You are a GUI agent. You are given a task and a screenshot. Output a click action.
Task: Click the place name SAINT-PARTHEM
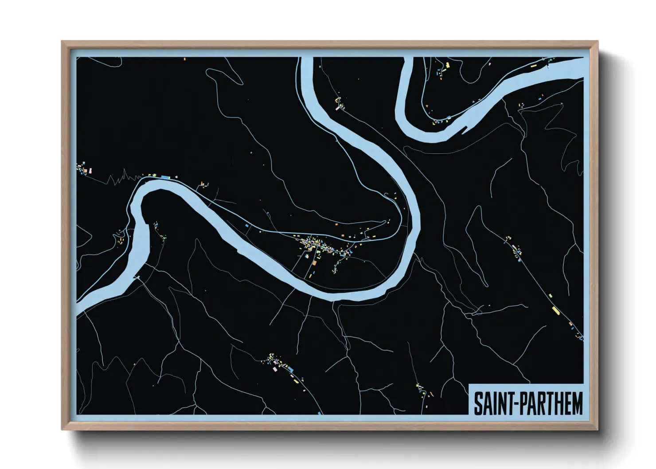pos(528,403)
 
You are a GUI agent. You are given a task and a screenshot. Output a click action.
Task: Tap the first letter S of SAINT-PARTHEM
pos(478,403)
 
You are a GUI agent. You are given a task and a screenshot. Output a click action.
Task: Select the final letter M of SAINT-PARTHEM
pos(577,403)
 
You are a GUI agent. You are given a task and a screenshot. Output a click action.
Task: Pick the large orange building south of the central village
pos(314,263)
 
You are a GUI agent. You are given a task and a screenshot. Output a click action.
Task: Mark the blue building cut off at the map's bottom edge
pos(319,413)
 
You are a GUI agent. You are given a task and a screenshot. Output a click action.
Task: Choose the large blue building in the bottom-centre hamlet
pos(290,368)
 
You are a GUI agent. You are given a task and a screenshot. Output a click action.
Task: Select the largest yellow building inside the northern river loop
pos(448,65)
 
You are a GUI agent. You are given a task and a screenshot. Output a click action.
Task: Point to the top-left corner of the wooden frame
pos(62,42)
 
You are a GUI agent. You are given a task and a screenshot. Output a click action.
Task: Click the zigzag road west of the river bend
pos(120,179)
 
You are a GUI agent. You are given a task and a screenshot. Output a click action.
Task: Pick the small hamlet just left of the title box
pos(423,391)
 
